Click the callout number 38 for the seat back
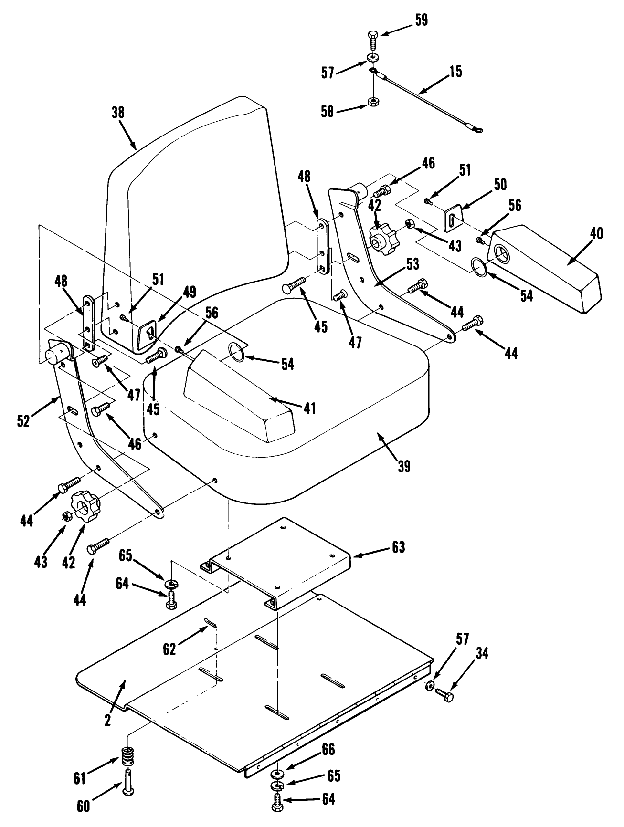pyautogui.click(x=117, y=113)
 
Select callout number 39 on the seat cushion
pyautogui.click(x=404, y=466)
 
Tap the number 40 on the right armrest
pyautogui.click(x=596, y=233)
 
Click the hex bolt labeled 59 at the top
pyautogui.click(x=373, y=37)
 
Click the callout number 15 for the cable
pyautogui.click(x=455, y=72)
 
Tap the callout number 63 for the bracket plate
pyautogui.click(x=398, y=547)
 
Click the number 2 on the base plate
pyautogui.click(x=108, y=720)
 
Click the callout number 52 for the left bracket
pyautogui.click(x=23, y=420)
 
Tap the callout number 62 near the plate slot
pyautogui.click(x=169, y=649)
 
